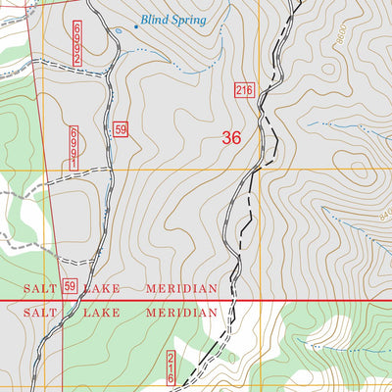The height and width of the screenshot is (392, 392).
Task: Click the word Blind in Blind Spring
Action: [x=156, y=19]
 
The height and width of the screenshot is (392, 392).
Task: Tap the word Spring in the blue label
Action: [x=190, y=19]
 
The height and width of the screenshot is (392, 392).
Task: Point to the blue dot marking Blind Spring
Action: [x=135, y=25]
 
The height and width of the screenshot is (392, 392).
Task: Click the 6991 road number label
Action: [x=73, y=148]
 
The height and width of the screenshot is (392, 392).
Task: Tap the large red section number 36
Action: [x=231, y=138]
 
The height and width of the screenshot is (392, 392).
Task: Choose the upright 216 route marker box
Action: [x=244, y=90]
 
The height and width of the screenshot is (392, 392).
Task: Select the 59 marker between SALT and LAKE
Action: [x=70, y=286]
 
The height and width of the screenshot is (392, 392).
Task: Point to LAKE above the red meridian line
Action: [x=102, y=288]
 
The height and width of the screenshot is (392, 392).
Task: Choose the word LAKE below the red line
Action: [x=102, y=312]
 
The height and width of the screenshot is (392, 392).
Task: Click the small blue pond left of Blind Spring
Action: [x=120, y=30]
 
